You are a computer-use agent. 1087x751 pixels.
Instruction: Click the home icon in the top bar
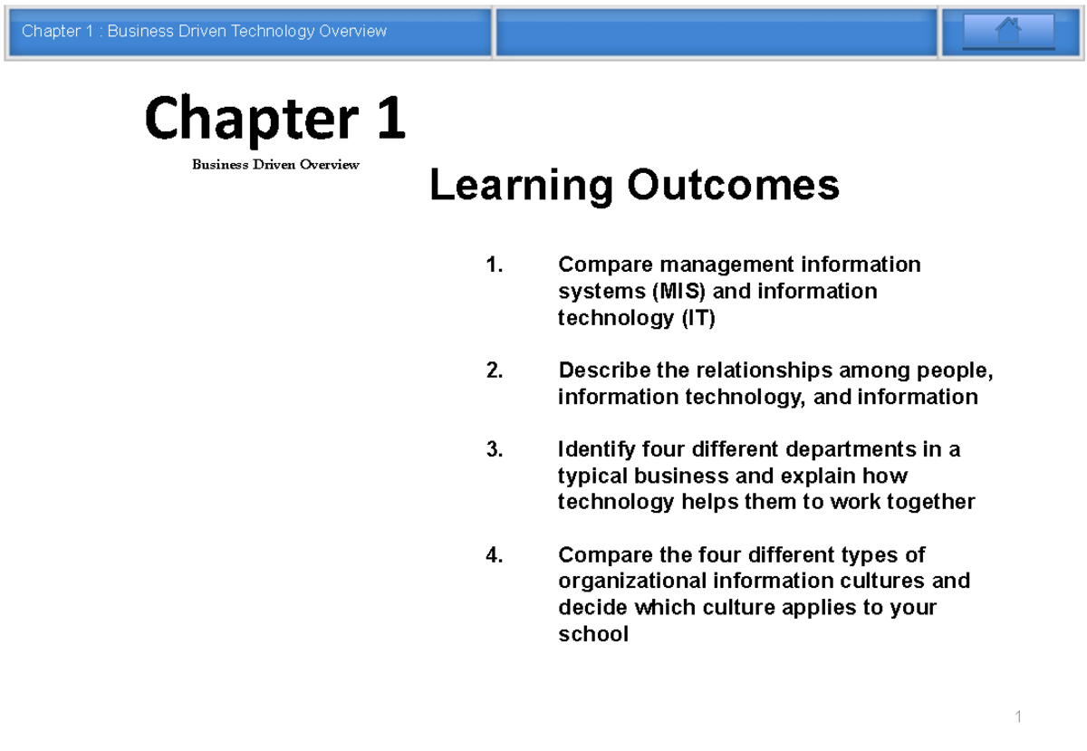click(1008, 32)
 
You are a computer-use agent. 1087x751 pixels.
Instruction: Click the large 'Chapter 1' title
click(274, 120)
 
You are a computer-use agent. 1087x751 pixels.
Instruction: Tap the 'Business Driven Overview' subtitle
click(275, 165)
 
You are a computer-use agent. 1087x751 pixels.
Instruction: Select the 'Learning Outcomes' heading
click(634, 187)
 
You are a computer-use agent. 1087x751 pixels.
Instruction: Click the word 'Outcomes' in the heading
click(732, 187)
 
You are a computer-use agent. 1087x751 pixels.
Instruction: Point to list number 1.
click(493, 265)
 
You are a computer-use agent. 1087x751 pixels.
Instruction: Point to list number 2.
click(493, 371)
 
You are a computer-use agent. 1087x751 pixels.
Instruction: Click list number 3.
click(493, 450)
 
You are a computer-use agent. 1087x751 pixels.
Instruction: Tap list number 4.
click(493, 555)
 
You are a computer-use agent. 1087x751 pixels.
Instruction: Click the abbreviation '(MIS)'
click(671, 292)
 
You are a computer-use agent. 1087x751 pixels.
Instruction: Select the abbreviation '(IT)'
click(697, 318)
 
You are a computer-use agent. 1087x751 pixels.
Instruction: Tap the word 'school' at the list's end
click(592, 634)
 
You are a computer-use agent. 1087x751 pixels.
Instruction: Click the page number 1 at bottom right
click(1018, 717)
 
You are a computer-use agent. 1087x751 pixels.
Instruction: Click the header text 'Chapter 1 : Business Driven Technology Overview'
click(205, 32)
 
